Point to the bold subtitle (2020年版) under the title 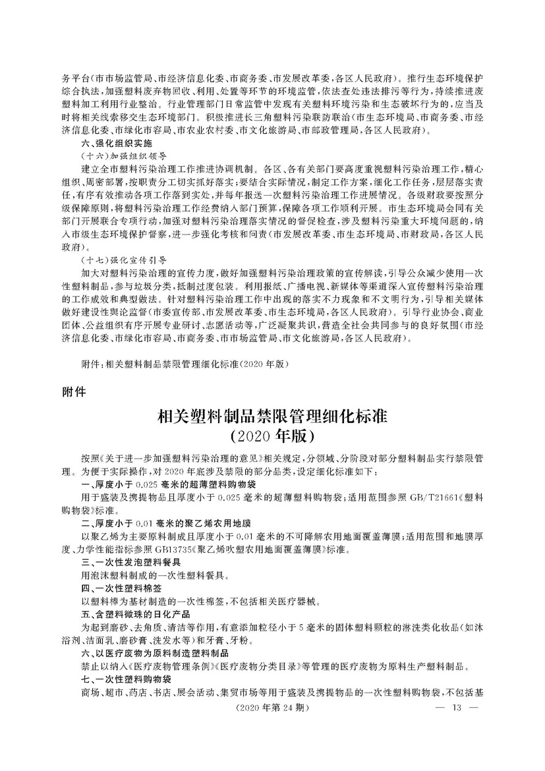(x=272, y=436)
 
